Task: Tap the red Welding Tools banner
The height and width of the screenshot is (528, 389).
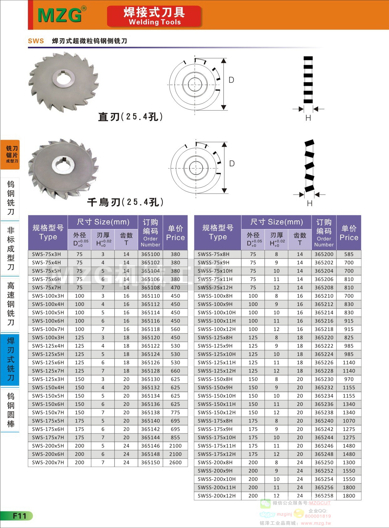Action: coord(154,16)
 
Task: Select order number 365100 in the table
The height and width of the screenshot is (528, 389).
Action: coord(150,254)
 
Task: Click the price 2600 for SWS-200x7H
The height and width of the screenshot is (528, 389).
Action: coord(175,462)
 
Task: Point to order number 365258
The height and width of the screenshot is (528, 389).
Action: coord(324,496)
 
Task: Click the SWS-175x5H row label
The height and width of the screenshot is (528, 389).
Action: coord(48,421)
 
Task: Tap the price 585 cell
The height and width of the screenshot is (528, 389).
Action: coord(349,254)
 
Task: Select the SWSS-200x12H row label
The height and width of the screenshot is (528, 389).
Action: coord(217,496)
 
